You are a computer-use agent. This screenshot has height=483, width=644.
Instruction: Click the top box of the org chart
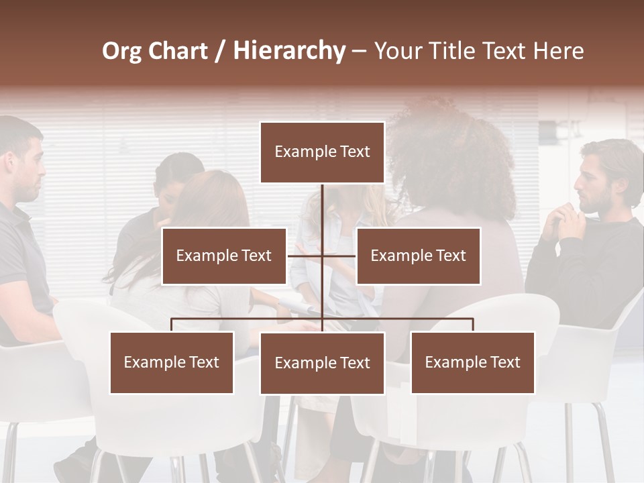pos(322,152)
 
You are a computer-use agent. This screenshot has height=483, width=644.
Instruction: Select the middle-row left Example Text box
pos(224,256)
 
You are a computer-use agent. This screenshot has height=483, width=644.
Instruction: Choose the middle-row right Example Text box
pos(418,256)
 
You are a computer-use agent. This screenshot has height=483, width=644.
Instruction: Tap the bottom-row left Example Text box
pos(172,362)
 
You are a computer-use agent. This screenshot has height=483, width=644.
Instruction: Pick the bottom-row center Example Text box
pos(322,363)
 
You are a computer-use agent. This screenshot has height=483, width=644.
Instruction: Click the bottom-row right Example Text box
pos(472,362)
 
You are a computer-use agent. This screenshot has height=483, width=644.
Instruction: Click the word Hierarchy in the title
pos(289,51)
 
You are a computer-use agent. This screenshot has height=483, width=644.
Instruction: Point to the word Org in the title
pos(121,51)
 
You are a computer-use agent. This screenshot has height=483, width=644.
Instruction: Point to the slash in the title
pos(220,51)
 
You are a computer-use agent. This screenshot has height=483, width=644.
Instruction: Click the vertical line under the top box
pos(322,205)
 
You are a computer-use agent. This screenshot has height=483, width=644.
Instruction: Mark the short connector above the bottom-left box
pos(172,325)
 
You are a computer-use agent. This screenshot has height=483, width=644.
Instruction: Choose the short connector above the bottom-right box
pos(473,325)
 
